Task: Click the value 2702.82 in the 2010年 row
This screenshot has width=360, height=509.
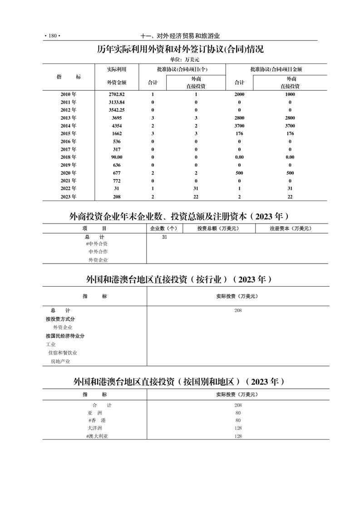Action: tap(116, 94)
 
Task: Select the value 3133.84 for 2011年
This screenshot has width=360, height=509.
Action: tap(116, 102)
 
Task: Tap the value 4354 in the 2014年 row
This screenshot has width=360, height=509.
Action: tap(116, 126)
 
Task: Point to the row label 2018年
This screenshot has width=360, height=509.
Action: tap(69, 157)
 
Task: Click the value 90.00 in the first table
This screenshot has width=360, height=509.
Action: tap(116, 157)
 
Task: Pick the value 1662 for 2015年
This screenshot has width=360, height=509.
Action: tap(116, 133)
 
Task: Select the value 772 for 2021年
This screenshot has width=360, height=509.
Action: tap(116, 181)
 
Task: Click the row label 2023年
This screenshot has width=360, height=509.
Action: tap(69, 196)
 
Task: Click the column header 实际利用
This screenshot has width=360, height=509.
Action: tap(116, 69)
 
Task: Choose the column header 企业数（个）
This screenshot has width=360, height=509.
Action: tap(166, 229)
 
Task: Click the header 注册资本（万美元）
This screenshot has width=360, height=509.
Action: tap(291, 229)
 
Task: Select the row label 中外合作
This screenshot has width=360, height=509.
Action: tap(98, 252)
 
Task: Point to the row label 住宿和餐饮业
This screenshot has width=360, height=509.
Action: tap(63, 353)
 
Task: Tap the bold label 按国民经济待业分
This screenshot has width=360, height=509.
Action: tap(65, 336)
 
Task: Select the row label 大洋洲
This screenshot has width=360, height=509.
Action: tap(95, 428)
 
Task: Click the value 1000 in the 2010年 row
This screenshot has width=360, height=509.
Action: tap(290, 94)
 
